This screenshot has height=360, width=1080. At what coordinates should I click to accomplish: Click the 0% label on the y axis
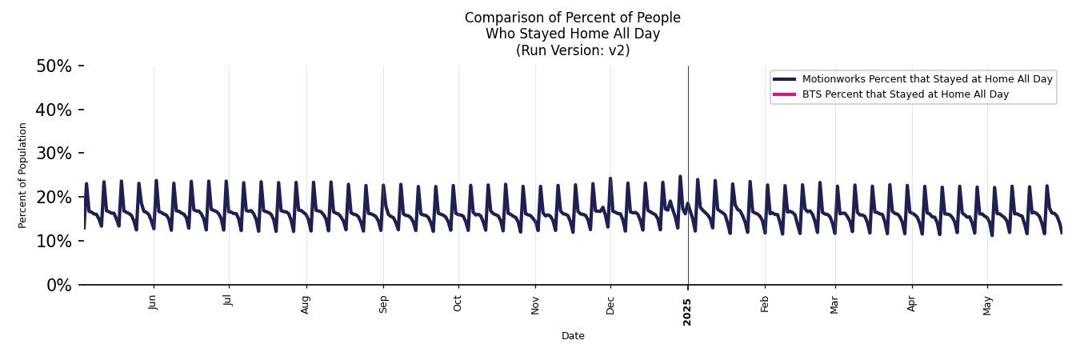click(58, 286)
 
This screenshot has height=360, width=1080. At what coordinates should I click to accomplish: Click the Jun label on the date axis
click(153, 302)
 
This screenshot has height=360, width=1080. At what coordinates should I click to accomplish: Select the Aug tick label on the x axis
click(306, 304)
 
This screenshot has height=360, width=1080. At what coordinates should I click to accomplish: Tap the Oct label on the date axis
click(458, 302)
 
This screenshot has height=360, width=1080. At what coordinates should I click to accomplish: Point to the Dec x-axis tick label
click(610, 304)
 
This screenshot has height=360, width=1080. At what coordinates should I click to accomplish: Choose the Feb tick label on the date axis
click(765, 303)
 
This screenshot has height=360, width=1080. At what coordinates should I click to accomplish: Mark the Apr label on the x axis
click(911, 303)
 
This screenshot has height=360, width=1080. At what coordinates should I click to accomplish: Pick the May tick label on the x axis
click(987, 305)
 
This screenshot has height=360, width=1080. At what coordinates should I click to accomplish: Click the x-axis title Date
click(573, 336)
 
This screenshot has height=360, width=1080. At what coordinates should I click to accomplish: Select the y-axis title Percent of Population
click(23, 175)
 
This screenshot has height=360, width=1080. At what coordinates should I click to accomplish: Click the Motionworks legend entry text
click(926, 79)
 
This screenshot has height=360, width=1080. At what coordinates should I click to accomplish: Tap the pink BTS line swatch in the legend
click(784, 94)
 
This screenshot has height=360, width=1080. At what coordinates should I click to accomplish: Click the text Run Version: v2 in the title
click(573, 50)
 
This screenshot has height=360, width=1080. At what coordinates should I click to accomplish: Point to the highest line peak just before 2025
click(680, 176)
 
